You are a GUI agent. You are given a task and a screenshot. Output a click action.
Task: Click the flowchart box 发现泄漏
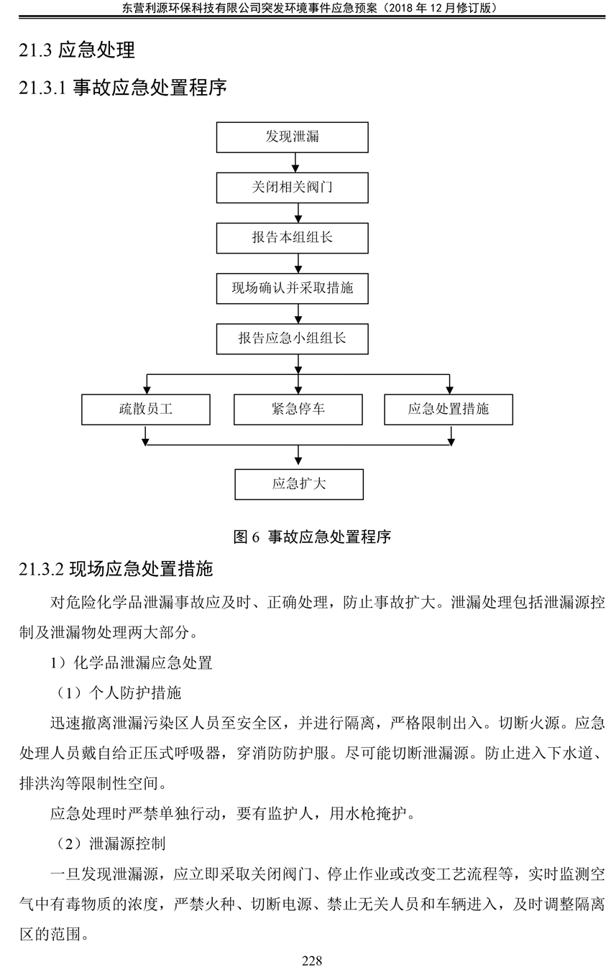click(293, 137)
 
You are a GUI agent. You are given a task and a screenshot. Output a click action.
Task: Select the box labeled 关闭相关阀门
click(293, 188)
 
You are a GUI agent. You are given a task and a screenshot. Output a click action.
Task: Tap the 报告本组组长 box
click(293, 238)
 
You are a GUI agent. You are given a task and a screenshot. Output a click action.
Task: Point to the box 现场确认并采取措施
click(293, 288)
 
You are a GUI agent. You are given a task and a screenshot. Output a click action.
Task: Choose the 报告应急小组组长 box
click(293, 338)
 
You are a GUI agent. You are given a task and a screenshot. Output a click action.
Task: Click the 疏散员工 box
click(146, 409)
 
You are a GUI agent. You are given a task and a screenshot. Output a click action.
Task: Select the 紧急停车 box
click(298, 409)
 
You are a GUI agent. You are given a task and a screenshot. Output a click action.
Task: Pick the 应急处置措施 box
click(449, 409)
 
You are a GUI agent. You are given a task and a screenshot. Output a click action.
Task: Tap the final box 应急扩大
click(299, 484)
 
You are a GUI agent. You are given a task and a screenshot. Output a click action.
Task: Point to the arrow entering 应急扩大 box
click(298, 455)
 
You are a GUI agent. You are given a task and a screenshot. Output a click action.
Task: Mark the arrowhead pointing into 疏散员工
click(147, 389)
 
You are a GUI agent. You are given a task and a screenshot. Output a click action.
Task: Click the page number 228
click(312, 961)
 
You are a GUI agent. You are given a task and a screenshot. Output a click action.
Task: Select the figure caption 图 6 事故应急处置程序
click(312, 537)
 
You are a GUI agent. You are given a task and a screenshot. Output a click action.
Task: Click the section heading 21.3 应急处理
click(77, 50)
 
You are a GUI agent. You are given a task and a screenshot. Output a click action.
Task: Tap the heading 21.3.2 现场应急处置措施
click(116, 569)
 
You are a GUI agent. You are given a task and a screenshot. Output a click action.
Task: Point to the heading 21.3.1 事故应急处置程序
click(123, 87)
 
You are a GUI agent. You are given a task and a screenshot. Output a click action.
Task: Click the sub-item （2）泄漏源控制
click(111, 843)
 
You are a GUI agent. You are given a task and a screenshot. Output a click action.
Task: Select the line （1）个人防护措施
click(119, 693)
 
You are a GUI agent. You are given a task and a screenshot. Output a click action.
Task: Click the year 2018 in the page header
click(400, 8)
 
